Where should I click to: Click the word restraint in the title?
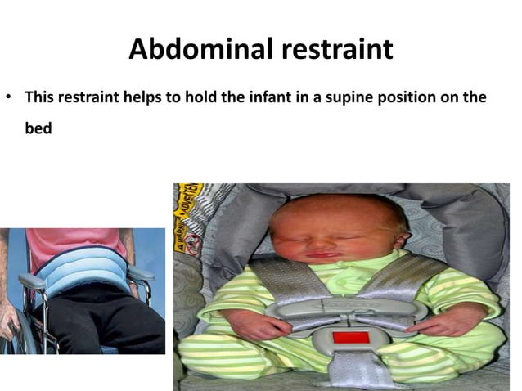click(337, 50)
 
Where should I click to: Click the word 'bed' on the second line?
click(38, 129)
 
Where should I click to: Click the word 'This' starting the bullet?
click(40, 97)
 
